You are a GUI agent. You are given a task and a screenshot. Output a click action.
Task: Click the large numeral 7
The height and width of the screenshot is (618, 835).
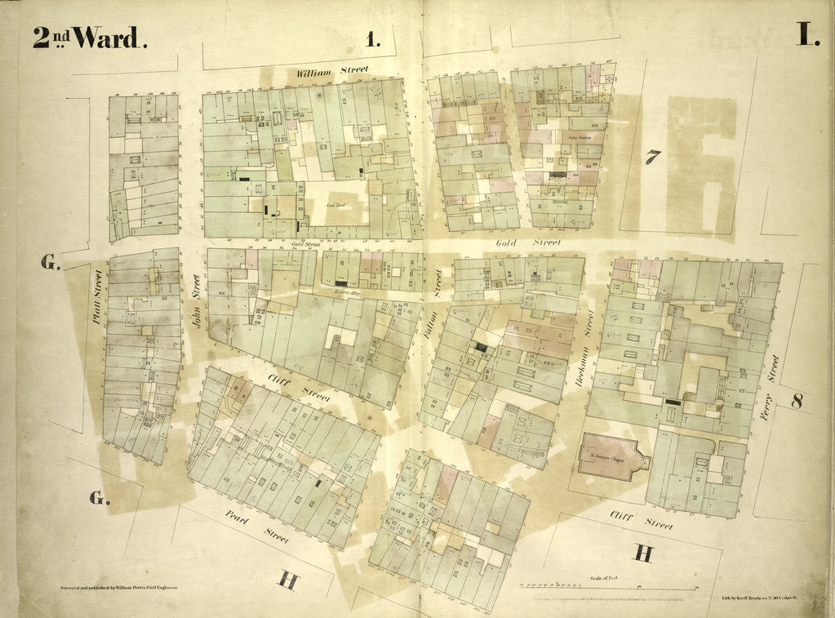tap(653, 157)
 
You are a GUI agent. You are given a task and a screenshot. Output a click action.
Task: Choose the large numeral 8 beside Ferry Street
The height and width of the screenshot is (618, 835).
tap(797, 401)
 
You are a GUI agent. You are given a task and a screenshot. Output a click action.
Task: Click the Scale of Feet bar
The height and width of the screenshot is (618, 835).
tap(608, 587)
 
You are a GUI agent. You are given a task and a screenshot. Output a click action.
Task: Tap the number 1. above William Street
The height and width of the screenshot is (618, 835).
tap(374, 38)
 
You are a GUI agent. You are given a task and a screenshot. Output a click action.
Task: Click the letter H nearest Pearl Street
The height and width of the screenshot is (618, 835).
tap(287, 580)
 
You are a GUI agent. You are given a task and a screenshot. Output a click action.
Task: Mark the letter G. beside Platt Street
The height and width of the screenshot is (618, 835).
tap(53, 262)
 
